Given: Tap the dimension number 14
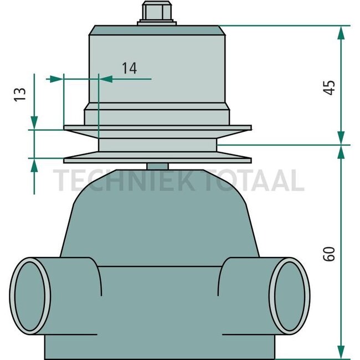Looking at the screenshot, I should [129, 68].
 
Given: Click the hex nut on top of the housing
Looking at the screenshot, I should [157, 12].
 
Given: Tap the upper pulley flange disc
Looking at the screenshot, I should [157, 128].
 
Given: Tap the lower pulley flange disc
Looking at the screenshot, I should [157, 159].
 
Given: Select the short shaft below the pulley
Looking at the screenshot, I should [158, 166].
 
